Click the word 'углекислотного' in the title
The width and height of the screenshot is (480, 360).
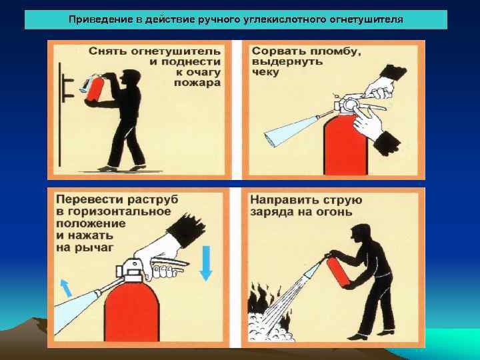point(287,19)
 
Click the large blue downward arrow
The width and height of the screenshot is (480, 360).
point(206,263)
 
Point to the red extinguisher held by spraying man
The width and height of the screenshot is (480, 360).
point(339,273)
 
